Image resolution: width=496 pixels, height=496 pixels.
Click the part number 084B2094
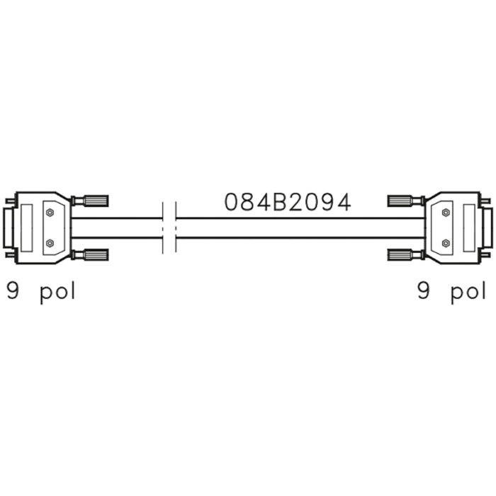288,203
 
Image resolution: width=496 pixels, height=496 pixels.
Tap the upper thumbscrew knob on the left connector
96,201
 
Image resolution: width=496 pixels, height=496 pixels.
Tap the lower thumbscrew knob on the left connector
96,254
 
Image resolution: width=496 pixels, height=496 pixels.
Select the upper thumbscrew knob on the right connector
400,201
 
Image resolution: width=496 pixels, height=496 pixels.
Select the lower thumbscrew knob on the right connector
400,254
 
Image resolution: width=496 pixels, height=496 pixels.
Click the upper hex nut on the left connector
50,213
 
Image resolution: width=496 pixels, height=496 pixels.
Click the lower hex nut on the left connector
50,243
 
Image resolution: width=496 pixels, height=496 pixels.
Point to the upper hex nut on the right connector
446,213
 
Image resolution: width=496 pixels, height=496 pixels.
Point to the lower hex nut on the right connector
446,243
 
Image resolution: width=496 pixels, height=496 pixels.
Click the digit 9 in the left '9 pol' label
13,291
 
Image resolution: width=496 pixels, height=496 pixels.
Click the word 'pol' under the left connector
57,293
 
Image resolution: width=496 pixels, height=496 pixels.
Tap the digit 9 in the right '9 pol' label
424,291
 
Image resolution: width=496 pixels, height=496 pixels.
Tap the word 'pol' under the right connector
468,293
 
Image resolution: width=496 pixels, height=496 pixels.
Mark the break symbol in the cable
169,227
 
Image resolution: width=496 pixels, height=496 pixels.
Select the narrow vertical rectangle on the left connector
27,227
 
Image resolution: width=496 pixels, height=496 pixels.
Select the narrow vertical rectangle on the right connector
469,227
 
